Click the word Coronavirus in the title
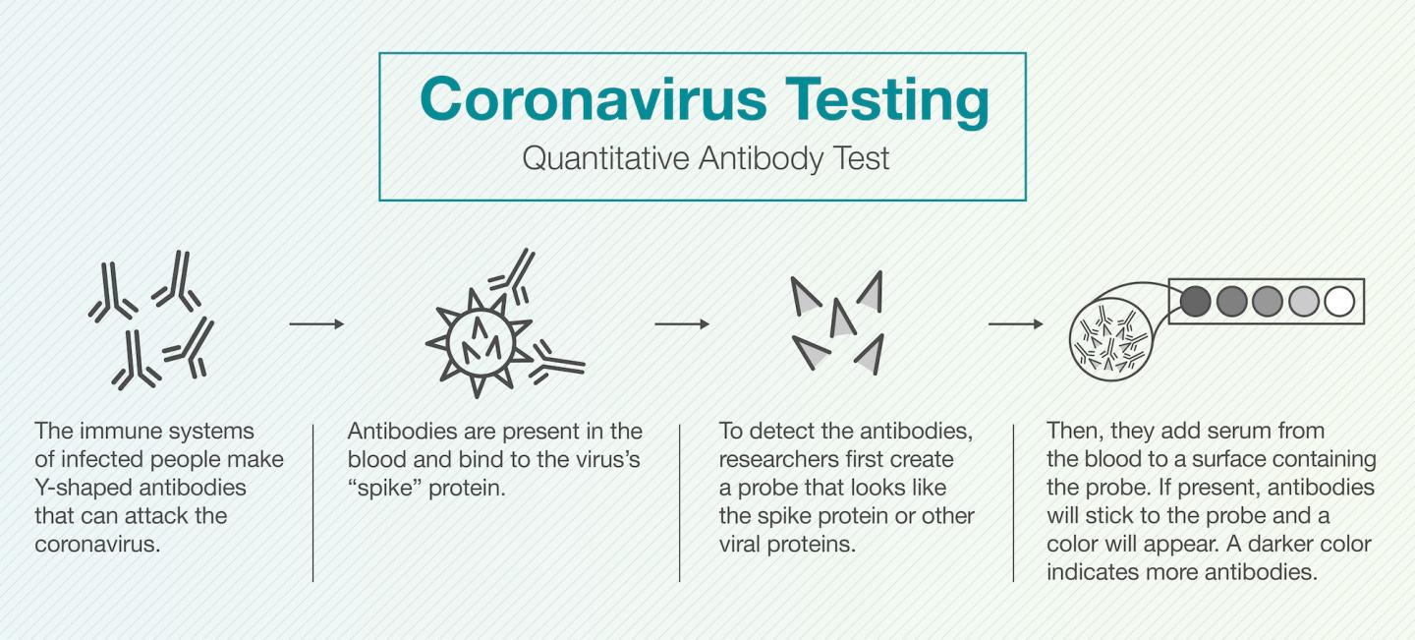click(x=579, y=99)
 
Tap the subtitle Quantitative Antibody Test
click(x=705, y=158)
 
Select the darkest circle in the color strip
click(x=1195, y=301)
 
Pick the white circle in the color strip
click(x=1339, y=301)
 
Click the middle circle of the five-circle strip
click(x=1268, y=301)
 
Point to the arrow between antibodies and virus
click(x=316, y=323)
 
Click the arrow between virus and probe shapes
click(x=682, y=323)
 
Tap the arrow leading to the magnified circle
click(x=1015, y=323)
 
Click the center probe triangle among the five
click(x=841, y=319)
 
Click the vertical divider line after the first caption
click(x=313, y=502)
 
